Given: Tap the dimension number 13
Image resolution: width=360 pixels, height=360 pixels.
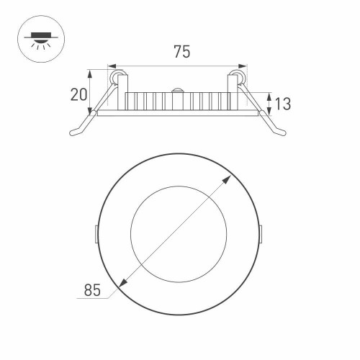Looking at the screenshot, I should [x=283, y=104].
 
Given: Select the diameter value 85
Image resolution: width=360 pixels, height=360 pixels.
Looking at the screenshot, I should [x=92, y=290].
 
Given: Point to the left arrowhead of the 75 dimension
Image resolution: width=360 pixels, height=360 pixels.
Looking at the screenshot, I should [x=112, y=67].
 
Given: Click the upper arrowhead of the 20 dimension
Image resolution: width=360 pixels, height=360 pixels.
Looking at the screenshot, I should [x=90, y=72].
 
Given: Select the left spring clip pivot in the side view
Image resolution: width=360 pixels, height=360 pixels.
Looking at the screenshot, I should [x=115, y=76].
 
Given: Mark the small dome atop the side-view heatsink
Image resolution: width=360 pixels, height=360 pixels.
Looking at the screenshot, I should [x=177, y=91].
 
